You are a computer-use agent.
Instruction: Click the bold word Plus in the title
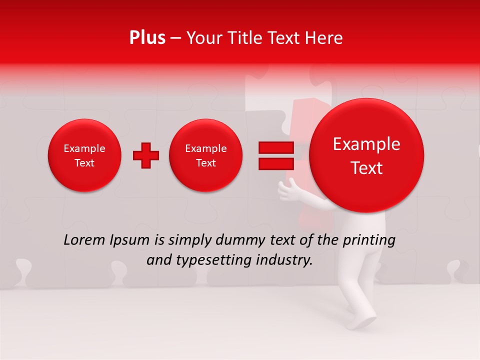point(147,38)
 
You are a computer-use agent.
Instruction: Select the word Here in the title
point(323,38)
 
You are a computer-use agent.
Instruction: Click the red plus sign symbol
point(146,155)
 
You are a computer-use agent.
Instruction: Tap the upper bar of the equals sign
point(276,148)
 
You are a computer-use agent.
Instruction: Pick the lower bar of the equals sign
point(276,164)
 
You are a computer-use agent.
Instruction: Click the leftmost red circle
point(84,155)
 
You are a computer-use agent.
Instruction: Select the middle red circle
point(205,155)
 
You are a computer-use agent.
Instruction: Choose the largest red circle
point(366,155)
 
